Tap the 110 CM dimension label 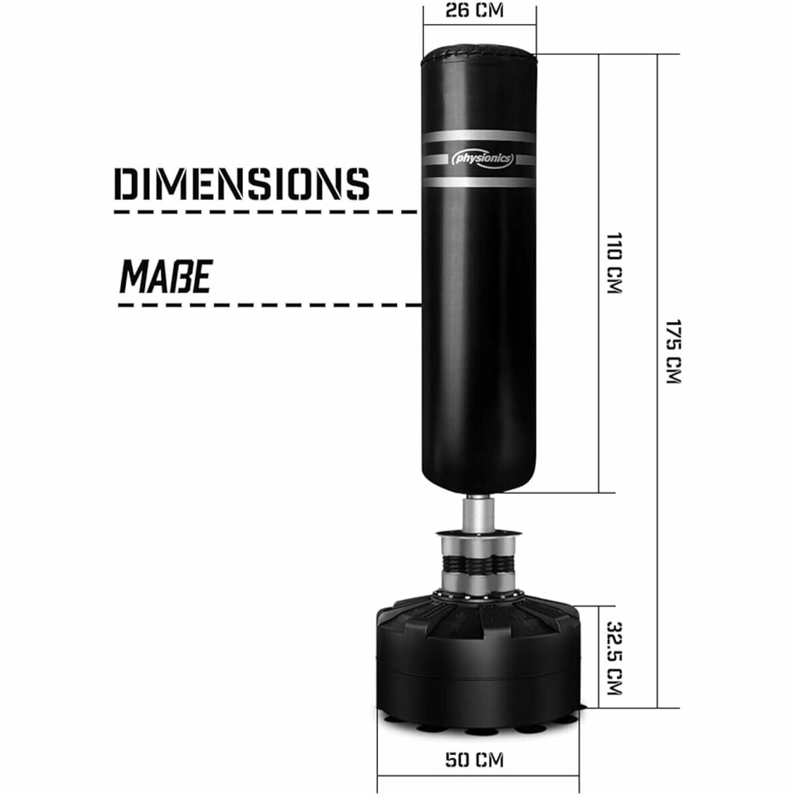[615, 263]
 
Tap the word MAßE [165, 276]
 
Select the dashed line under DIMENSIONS [266, 212]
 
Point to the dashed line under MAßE [270, 306]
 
